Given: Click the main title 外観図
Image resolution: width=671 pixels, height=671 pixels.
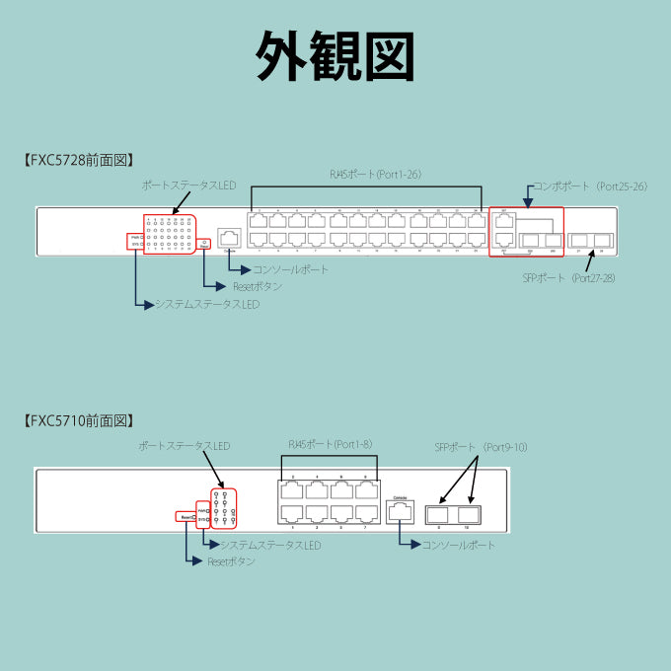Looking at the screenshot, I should [x=335, y=56].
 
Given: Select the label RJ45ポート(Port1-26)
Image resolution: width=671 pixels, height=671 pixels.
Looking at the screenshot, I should [x=376, y=175].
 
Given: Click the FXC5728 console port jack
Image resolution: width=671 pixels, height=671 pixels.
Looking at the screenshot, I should [x=229, y=237].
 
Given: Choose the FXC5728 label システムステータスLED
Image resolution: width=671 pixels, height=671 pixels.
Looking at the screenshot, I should [x=207, y=305].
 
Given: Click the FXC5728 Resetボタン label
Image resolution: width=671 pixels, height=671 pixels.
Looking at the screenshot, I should [x=257, y=287].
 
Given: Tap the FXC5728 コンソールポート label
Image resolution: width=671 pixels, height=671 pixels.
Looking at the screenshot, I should [x=290, y=269].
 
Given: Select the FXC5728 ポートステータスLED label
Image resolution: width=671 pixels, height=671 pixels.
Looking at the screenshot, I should [x=188, y=186].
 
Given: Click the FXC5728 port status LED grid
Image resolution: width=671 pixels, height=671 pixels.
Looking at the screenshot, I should [x=170, y=234].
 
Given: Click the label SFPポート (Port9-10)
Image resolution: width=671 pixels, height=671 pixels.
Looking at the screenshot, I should [x=482, y=447].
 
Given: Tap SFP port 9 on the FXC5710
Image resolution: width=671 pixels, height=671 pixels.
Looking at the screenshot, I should [x=437, y=514].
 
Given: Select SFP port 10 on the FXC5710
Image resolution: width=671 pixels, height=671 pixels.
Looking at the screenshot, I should [x=468, y=514].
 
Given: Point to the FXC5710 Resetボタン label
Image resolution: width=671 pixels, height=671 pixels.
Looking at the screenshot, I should [x=231, y=561].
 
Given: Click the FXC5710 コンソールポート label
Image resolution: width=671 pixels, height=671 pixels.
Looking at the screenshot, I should [x=458, y=545].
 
